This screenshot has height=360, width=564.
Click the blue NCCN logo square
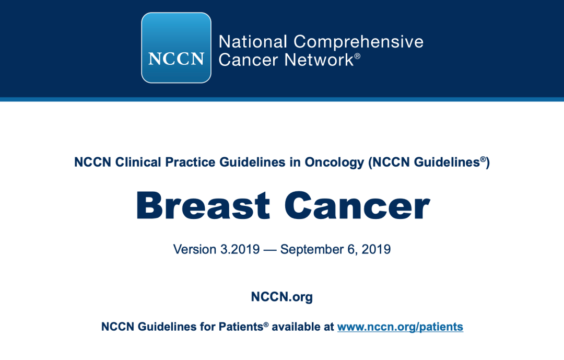click(177, 48)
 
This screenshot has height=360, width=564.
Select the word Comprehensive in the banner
click(359, 42)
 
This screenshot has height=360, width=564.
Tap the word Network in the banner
click(319, 60)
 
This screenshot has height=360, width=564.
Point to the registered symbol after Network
click(357, 56)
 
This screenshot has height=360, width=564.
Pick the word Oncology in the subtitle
click(335, 162)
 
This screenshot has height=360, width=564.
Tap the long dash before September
click(270, 250)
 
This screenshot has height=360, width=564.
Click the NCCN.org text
click(282, 297)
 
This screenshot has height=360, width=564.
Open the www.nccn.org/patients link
click(400, 327)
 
